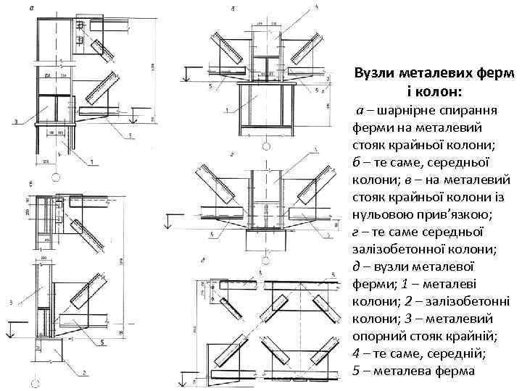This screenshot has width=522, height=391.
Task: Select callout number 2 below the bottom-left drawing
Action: click(x=86, y=373)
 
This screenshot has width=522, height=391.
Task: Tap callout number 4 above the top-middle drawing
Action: click(x=316, y=8)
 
